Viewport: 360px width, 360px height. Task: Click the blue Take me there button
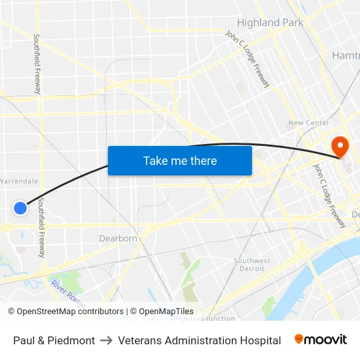(x=180, y=160)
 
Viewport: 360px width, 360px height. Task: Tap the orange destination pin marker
(x=340, y=146)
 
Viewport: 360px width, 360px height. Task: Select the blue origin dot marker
(x=20, y=208)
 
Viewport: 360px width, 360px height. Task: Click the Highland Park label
(x=270, y=22)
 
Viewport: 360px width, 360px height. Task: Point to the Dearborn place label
(x=118, y=238)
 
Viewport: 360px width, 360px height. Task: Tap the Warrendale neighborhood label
(x=19, y=181)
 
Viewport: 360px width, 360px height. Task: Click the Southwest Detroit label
(x=252, y=264)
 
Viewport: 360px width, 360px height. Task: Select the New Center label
(x=308, y=123)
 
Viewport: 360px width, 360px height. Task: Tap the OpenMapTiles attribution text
(x=166, y=312)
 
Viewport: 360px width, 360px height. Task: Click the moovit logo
(x=321, y=340)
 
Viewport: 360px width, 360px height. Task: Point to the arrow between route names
(x=105, y=340)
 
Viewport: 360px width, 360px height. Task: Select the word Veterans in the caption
(x=139, y=340)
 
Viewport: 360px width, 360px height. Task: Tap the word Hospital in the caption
(x=260, y=340)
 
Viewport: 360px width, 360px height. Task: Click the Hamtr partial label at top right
(x=346, y=55)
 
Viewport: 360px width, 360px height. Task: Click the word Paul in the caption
(x=24, y=340)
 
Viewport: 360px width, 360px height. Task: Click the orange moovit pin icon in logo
(x=299, y=339)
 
